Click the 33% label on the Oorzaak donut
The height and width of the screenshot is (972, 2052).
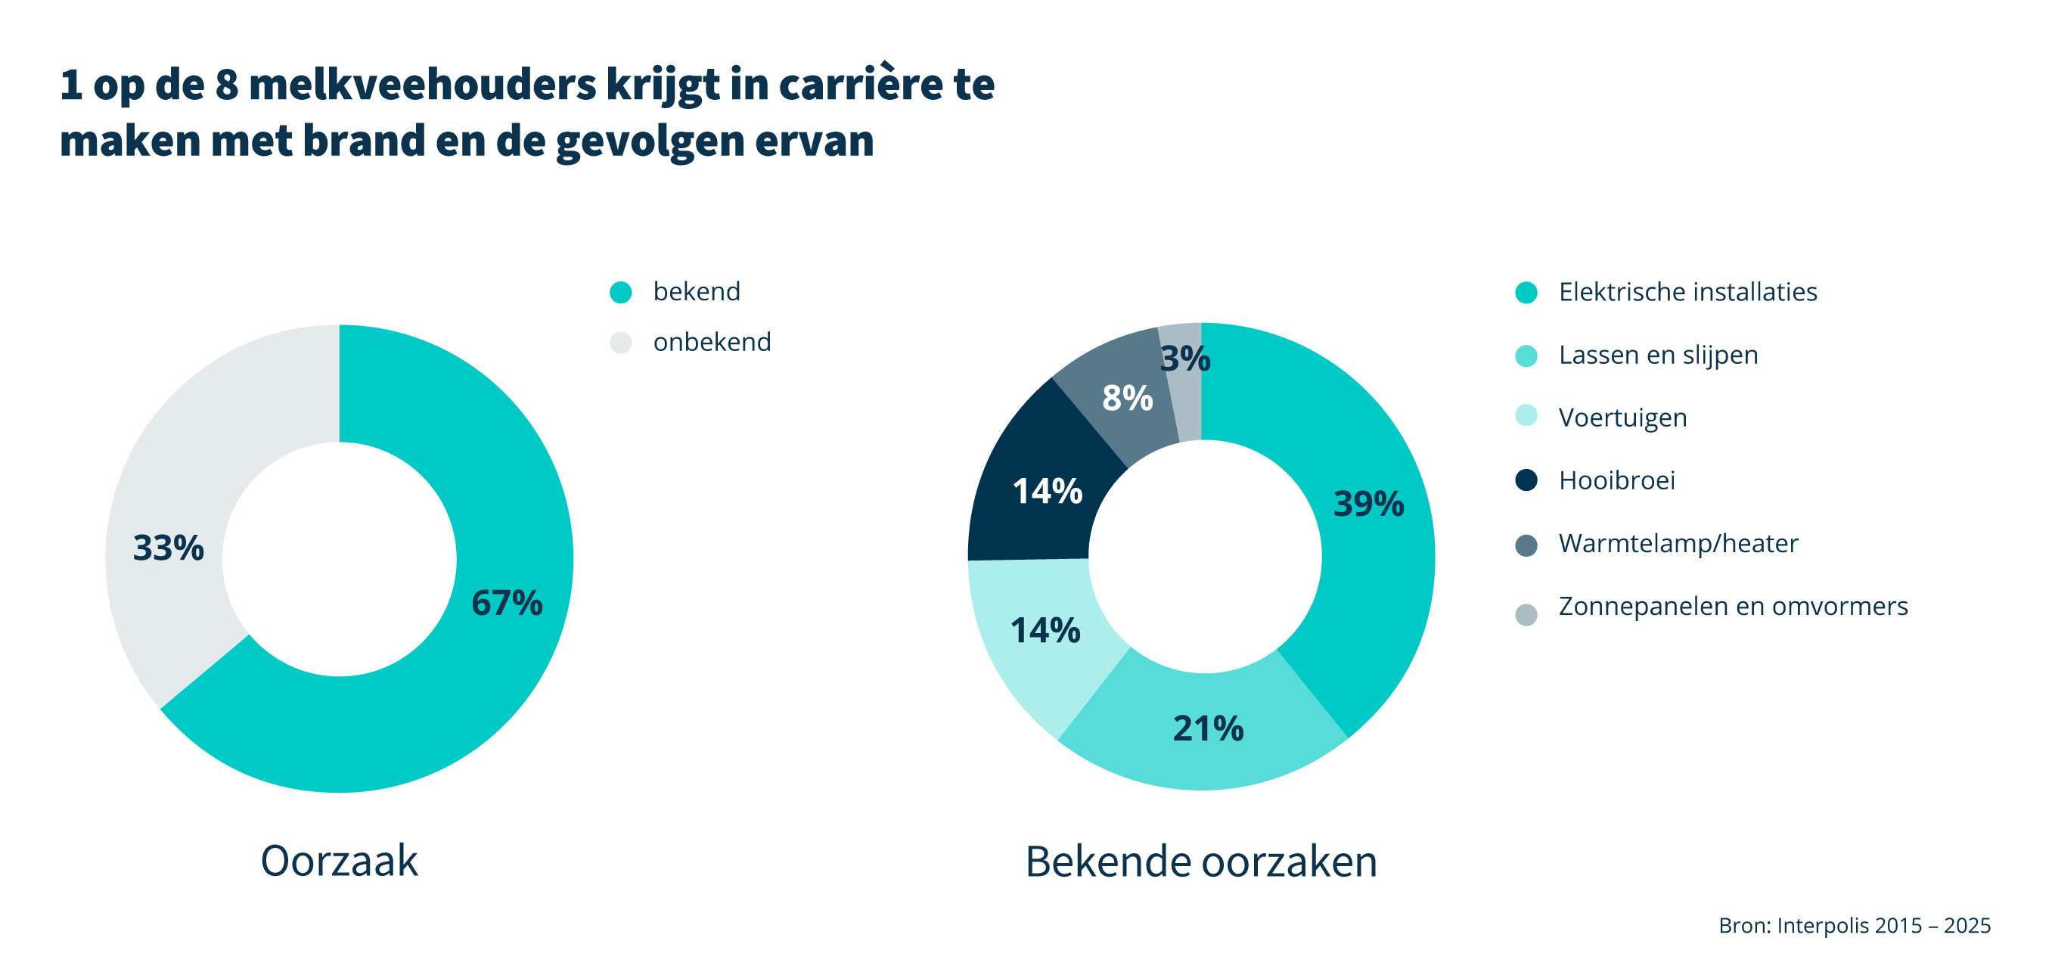pyautogui.click(x=168, y=548)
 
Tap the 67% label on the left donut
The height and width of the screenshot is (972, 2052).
pyautogui.click(x=507, y=603)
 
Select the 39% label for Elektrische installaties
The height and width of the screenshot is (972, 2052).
pyautogui.click(x=1368, y=504)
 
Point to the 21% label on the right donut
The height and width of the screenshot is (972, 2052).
pyautogui.click(x=1208, y=728)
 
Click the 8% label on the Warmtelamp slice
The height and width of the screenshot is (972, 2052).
pyautogui.click(x=1127, y=398)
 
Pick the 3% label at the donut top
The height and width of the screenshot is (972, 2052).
pyautogui.click(x=1185, y=359)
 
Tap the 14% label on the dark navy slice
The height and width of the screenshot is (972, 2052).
pyautogui.click(x=1047, y=491)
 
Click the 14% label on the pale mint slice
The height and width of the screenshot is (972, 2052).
pyautogui.click(x=1045, y=630)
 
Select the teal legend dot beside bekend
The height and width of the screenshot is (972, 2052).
pyautogui.click(x=620, y=293)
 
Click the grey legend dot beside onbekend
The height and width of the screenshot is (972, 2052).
pyautogui.click(x=620, y=343)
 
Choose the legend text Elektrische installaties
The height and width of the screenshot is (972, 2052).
pyautogui.click(x=1687, y=292)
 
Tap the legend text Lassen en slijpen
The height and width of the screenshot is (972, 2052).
pyautogui.click(x=1658, y=355)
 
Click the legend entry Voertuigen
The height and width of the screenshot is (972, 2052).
pyautogui.click(x=1622, y=418)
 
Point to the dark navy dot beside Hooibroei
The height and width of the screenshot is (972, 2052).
pyautogui.click(x=1526, y=480)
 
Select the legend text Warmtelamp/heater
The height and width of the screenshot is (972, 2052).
pyautogui.click(x=1678, y=543)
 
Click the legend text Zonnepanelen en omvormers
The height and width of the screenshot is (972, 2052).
pyautogui.click(x=1733, y=607)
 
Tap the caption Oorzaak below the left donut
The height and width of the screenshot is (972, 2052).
pyautogui.click(x=340, y=861)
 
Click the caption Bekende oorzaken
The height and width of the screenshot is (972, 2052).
pyautogui.click(x=1200, y=862)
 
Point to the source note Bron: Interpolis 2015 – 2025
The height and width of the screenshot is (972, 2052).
pyautogui.click(x=1854, y=925)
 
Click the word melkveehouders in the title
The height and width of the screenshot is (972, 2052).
pyautogui.click(x=422, y=85)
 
